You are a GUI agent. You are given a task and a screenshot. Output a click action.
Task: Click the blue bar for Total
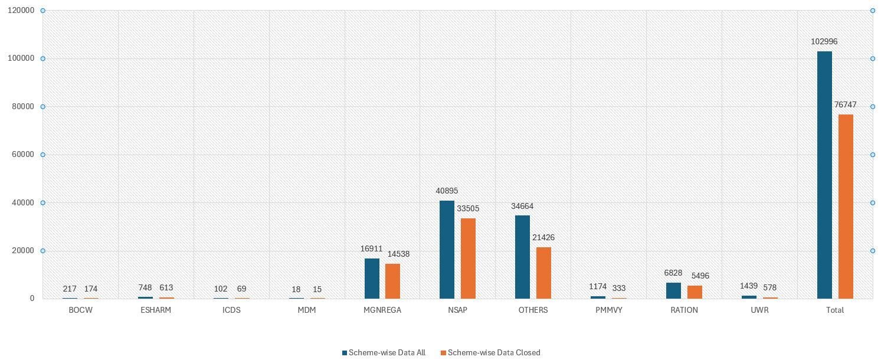tap(824, 175)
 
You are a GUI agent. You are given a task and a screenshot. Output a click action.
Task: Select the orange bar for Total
tap(846, 207)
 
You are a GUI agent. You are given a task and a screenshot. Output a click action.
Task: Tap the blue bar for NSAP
tap(447, 250)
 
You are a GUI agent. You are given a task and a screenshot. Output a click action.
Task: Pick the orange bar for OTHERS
tap(543, 273)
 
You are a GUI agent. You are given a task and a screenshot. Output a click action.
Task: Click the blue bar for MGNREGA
tap(372, 279)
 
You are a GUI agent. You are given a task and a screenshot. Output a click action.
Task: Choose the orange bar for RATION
tap(695, 292)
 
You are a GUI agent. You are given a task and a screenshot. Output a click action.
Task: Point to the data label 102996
tap(824, 41)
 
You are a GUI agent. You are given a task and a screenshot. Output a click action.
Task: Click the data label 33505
tap(468, 208)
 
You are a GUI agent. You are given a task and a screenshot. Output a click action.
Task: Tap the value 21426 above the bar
tap(543, 237)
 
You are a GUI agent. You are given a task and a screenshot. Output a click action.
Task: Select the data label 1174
tap(598, 286)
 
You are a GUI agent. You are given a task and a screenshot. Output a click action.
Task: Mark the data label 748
tap(145, 287)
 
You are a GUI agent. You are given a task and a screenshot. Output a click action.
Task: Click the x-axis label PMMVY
tap(609, 310)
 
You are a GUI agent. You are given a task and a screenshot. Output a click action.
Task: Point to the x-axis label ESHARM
tap(156, 310)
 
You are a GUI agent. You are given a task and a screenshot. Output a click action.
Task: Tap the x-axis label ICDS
tap(231, 310)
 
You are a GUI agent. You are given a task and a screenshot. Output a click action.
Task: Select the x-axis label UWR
tap(759, 310)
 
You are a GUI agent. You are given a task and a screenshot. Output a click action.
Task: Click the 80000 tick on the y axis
tap(21, 107)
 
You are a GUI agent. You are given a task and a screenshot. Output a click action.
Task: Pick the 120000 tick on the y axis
tap(21, 10)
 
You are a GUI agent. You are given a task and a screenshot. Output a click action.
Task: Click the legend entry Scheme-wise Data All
tap(384, 352)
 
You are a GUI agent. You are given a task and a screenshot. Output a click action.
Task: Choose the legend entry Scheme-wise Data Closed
tap(490, 352)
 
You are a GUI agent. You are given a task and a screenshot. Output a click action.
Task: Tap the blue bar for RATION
tap(673, 290)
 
